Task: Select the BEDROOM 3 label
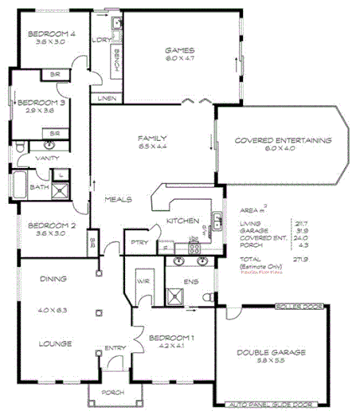click(37, 102)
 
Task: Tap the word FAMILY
click(151, 137)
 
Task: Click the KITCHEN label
click(182, 220)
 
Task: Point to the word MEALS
click(118, 199)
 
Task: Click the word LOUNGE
click(55, 343)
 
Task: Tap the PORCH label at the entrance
click(113, 392)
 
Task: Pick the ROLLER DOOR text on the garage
click(296, 306)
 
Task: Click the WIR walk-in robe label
click(143, 281)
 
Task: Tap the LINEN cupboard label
click(107, 98)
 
